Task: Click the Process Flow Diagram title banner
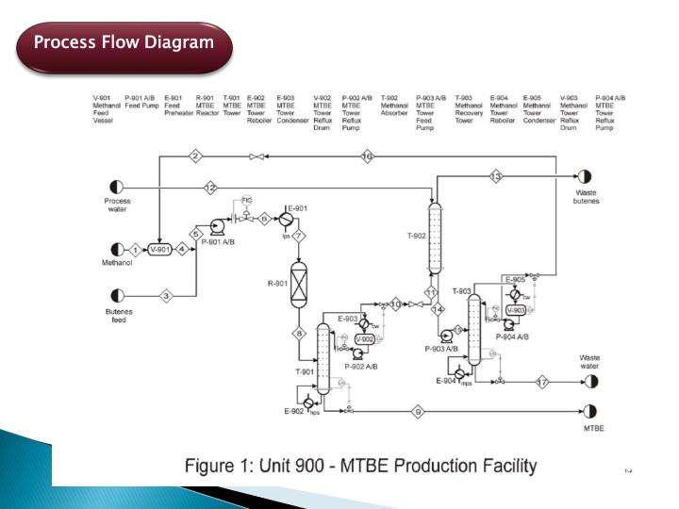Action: click(x=124, y=43)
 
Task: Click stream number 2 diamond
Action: click(x=195, y=156)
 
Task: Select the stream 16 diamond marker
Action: click(x=368, y=156)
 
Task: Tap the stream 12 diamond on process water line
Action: click(x=210, y=187)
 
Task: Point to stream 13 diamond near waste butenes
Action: click(x=496, y=176)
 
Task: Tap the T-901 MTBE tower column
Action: click(x=323, y=358)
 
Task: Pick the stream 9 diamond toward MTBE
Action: click(x=418, y=412)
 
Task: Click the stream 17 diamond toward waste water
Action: click(x=542, y=382)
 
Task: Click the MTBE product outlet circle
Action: click(x=590, y=412)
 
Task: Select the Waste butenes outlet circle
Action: click(x=585, y=176)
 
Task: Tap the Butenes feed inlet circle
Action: click(x=118, y=295)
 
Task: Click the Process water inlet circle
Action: click(x=118, y=187)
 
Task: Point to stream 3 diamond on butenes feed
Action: click(x=167, y=295)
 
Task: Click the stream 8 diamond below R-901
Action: click(x=299, y=333)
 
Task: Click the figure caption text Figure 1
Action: click(x=360, y=466)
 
